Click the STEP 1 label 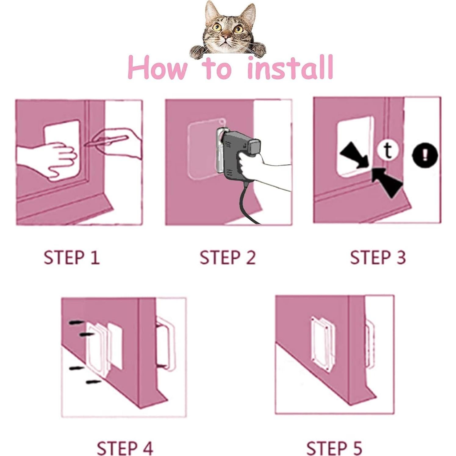pyautogui.click(x=72, y=257)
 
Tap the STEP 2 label pyautogui.click(x=228, y=257)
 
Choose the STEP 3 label pyautogui.click(x=378, y=257)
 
